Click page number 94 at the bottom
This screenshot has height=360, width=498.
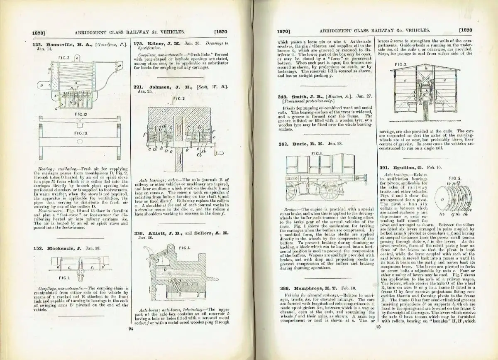click(x=130, y=329)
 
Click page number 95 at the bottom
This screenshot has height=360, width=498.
click(x=378, y=327)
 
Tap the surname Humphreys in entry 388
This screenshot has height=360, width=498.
click(x=311, y=288)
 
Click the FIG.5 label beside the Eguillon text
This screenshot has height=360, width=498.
click(x=454, y=178)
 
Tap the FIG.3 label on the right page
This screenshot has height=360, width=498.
click(x=400, y=65)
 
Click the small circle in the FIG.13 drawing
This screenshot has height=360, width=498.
click(x=79, y=141)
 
